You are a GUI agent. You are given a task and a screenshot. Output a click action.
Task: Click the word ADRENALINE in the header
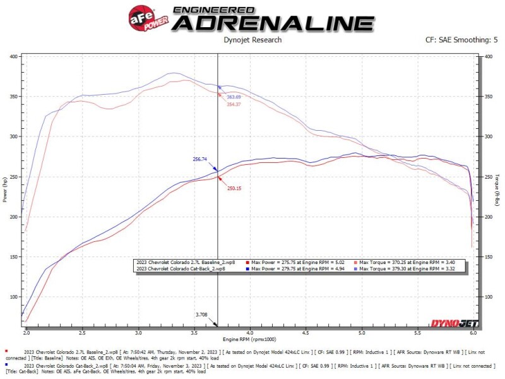point(273,23)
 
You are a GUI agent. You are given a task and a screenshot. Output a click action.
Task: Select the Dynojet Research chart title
point(252,40)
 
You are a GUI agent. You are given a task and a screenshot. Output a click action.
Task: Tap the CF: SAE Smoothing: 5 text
point(461,40)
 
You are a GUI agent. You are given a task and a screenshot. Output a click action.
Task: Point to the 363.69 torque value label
point(234,97)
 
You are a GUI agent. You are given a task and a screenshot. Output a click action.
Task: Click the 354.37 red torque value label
point(234,104)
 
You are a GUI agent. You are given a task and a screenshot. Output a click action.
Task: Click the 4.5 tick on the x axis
point(306,331)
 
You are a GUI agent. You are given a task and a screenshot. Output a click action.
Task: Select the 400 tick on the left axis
point(13,56)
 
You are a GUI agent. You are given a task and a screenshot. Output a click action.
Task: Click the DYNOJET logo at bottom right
point(454,324)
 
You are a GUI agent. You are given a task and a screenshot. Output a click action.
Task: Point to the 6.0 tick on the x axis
point(473,331)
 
